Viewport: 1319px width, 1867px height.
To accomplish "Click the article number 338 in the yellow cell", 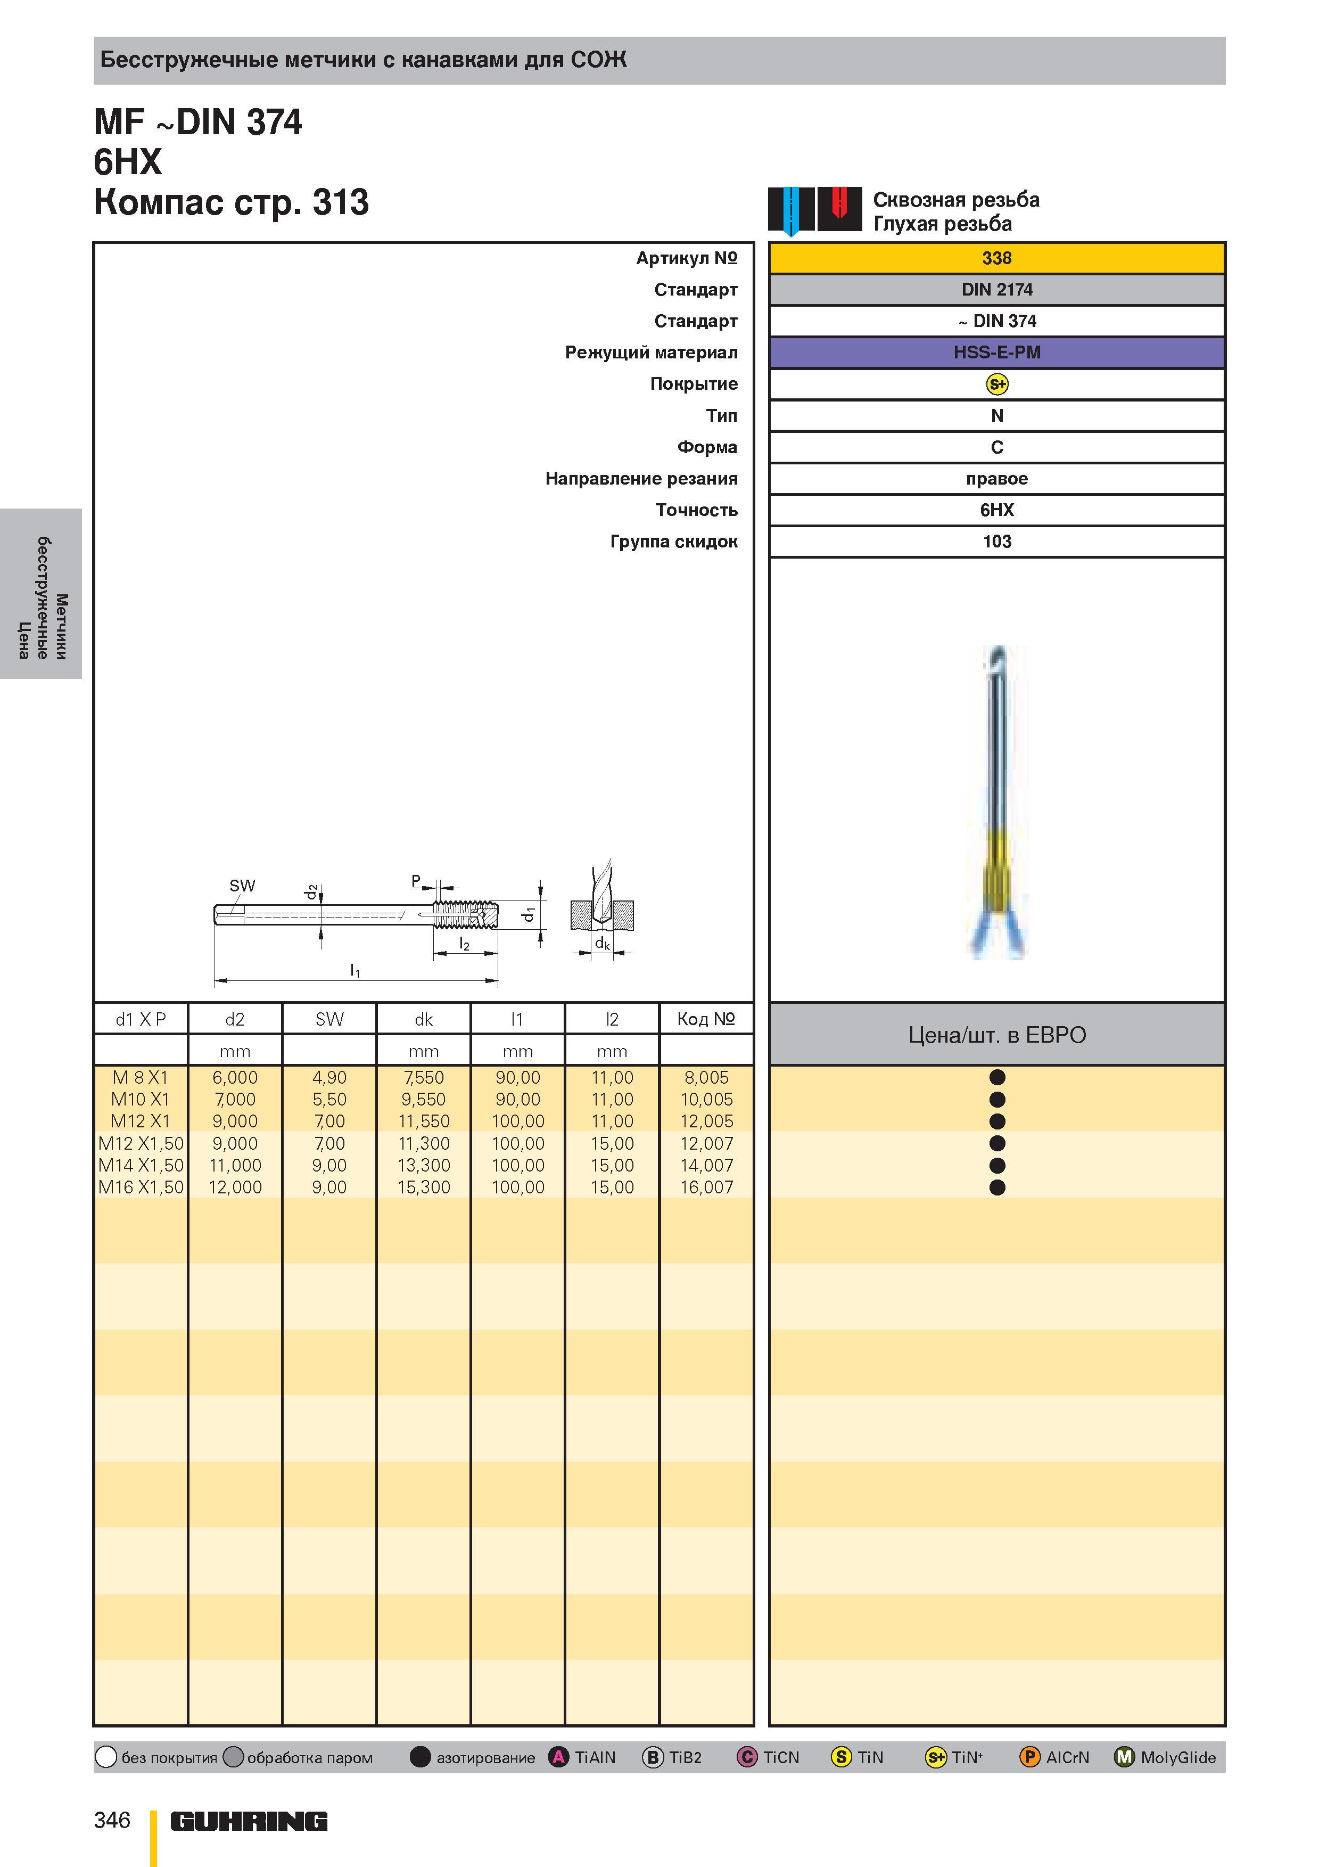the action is (996, 258).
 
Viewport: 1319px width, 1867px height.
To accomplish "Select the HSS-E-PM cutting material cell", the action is (996, 352).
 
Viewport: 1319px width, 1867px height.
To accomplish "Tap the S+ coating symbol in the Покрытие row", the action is (996, 384).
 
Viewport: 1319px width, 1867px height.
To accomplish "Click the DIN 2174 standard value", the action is (996, 290).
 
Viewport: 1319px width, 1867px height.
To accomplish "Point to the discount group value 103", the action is (996, 542).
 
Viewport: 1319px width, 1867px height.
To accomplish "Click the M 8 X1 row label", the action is (140, 1077).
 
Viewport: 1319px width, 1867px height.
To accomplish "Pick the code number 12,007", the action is (706, 1143).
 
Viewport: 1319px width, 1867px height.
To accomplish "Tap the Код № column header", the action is (706, 1019).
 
